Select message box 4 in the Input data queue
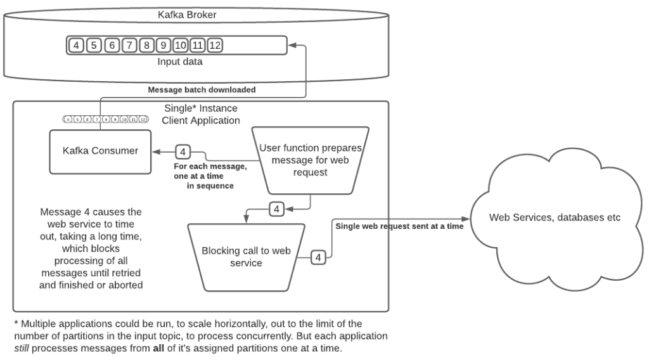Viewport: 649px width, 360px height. click(76, 46)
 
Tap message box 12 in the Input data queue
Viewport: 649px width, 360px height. click(214, 46)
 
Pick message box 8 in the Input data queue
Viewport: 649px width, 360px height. click(146, 46)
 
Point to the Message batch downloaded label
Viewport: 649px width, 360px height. click(202, 89)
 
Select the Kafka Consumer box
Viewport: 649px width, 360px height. click(100, 151)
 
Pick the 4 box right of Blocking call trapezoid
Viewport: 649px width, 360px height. click(319, 257)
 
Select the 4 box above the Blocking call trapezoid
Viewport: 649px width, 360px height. click(277, 208)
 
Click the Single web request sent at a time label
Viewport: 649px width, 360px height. click(399, 226)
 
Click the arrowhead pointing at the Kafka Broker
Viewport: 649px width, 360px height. click(292, 46)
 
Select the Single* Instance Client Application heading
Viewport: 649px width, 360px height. click(200, 114)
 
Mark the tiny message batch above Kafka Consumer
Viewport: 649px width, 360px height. click(106, 119)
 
